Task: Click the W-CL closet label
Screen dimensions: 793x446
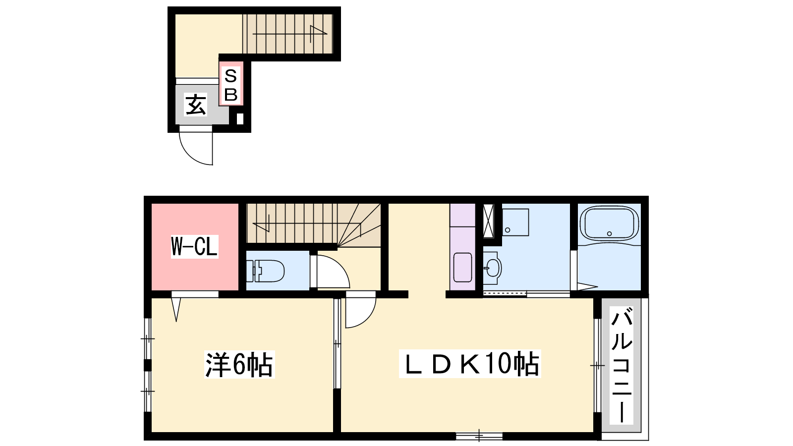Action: (194, 246)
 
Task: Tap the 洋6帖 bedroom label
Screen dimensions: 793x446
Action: (239, 364)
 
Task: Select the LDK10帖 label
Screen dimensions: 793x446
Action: (470, 364)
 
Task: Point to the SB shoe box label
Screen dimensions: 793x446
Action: (231, 85)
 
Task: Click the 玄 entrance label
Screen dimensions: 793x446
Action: (195, 105)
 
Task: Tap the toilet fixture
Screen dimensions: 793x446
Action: (266, 271)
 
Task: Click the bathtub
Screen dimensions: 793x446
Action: (609, 223)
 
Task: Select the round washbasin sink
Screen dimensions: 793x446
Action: (493, 268)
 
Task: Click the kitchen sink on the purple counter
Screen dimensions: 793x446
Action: (462, 267)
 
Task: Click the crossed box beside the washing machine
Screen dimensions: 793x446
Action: (488, 221)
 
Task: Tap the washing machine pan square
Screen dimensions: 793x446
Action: (515, 223)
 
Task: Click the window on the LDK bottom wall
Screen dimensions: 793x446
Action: (479, 436)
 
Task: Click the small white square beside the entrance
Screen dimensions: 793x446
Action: (240, 118)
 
